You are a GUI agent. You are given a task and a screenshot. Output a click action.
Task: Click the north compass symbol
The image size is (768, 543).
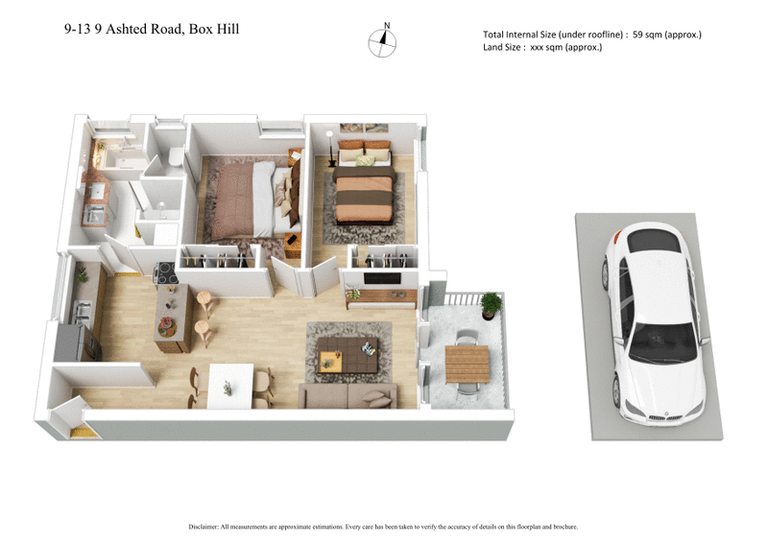tap(385, 40)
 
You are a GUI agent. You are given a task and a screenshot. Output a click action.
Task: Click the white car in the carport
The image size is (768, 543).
tap(654, 322)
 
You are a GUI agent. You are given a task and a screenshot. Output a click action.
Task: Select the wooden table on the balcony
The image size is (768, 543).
tap(467, 362)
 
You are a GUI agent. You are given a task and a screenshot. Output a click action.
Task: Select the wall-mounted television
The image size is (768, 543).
tap(382, 279)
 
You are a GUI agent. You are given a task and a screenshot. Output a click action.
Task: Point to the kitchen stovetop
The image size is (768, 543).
tap(166, 271)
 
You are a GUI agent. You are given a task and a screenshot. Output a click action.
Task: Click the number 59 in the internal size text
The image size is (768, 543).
tap(638, 35)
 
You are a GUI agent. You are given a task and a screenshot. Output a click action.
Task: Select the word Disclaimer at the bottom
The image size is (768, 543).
tap(208, 527)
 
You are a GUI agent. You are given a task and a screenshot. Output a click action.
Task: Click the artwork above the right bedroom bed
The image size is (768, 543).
tap(364, 128)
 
